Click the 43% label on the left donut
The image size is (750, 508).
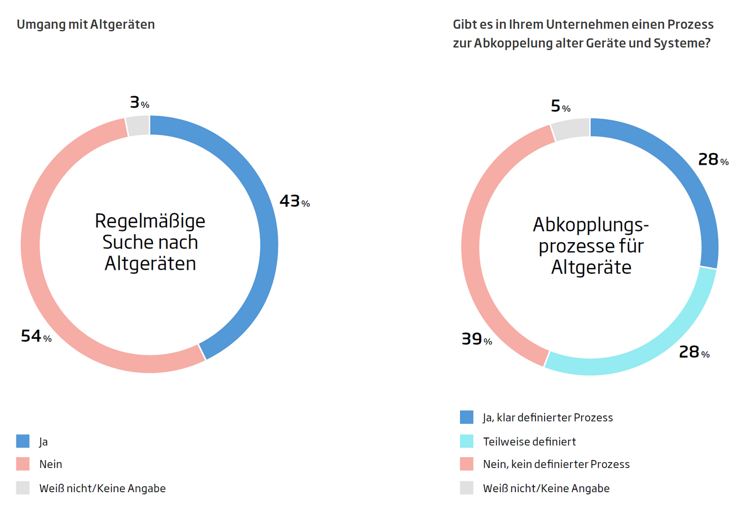[x=294, y=201]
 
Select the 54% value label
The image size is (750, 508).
[x=36, y=336]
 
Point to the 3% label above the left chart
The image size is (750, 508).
[x=139, y=102]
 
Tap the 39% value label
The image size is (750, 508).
[x=476, y=339]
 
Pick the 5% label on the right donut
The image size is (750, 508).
[x=560, y=106]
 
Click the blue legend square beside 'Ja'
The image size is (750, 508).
[x=23, y=441]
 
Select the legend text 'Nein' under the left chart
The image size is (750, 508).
[x=51, y=465]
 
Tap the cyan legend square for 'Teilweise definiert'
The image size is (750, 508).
[x=467, y=441]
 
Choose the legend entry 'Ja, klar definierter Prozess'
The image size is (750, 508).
[x=547, y=418]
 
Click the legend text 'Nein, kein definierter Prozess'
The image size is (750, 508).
[x=556, y=465]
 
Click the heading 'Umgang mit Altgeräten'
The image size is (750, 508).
[x=86, y=24]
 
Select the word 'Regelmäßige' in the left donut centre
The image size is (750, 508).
[x=150, y=221]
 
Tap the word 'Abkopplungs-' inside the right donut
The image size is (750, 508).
[x=590, y=225]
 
